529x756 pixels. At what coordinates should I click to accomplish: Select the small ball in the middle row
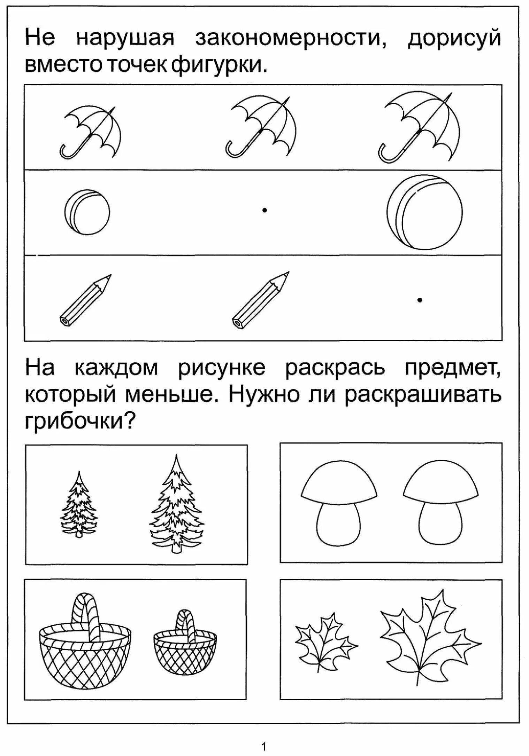point(87,212)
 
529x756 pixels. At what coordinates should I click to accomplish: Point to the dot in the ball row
point(265,210)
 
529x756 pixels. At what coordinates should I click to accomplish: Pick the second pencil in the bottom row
point(260,300)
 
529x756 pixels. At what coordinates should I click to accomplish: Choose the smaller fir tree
point(80,506)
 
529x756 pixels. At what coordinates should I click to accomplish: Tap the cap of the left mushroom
point(338,483)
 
